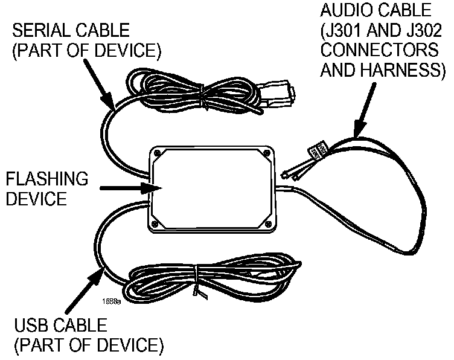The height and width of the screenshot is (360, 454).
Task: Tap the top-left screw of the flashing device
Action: click(158, 153)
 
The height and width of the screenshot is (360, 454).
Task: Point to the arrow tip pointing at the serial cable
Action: click(113, 106)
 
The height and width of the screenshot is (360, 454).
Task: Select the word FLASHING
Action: click(46, 179)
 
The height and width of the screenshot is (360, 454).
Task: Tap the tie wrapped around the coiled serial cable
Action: click(203, 97)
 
